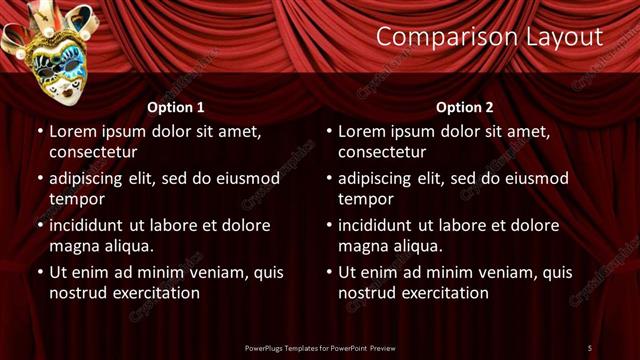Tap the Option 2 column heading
tap(465, 107)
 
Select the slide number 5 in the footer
tap(589, 347)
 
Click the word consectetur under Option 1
tap(93, 153)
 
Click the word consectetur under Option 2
tap(382, 153)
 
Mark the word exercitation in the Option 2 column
tap(442, 293)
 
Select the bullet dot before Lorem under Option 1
tap(40, 131)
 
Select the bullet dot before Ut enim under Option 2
tap(329, 271)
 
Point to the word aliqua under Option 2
tap(415, 246)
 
